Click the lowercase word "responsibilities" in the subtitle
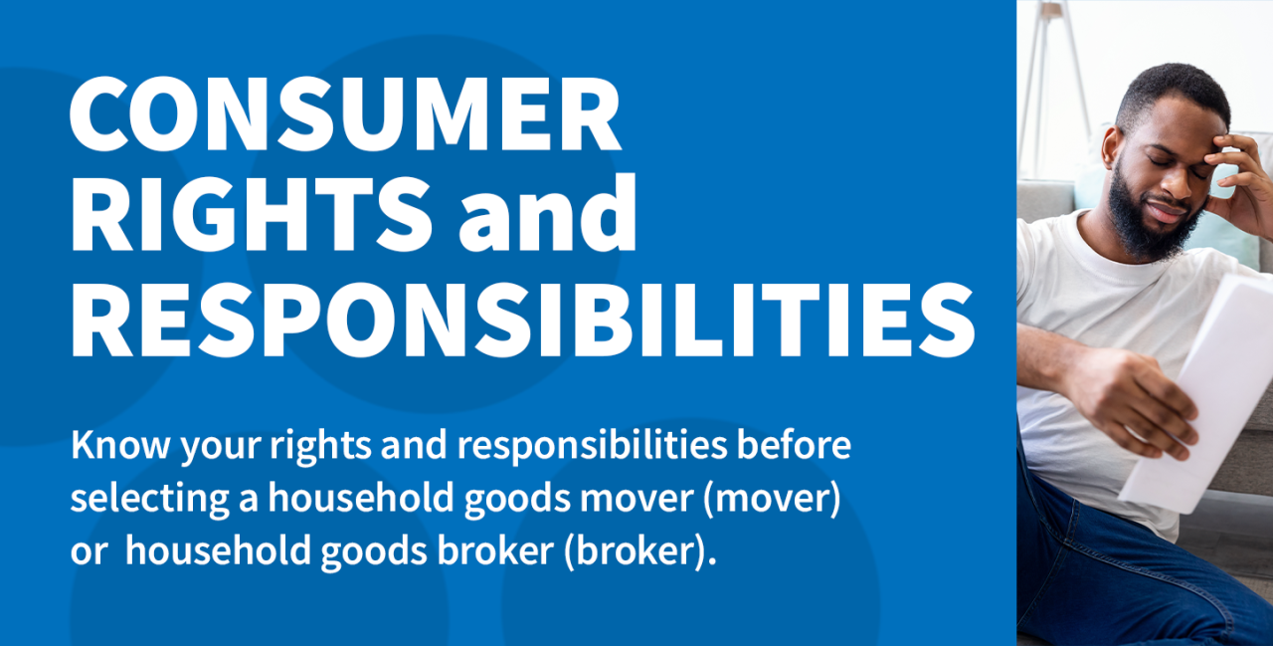pyautogui.click(x=593, y=446)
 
